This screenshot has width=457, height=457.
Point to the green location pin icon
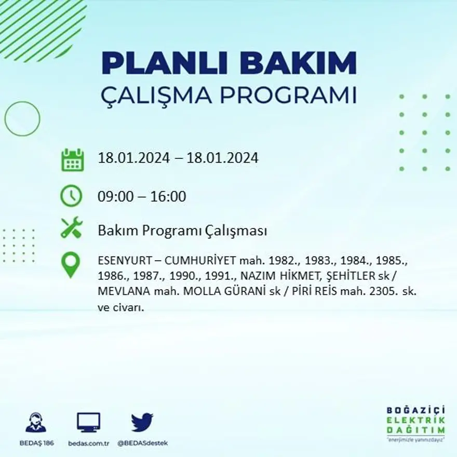[x=71, y=264]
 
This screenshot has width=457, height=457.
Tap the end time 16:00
[x=168, y=197]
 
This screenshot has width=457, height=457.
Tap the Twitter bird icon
[x=142, y=422]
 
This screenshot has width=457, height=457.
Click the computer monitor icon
[x=88, y=422]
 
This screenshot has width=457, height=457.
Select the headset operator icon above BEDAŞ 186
[x=36, y=422]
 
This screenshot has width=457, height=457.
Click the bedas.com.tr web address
[x=88, y=443]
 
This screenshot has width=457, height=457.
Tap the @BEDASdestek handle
[x=142, y=443]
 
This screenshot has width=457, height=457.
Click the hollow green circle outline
[x=22, y=119]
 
